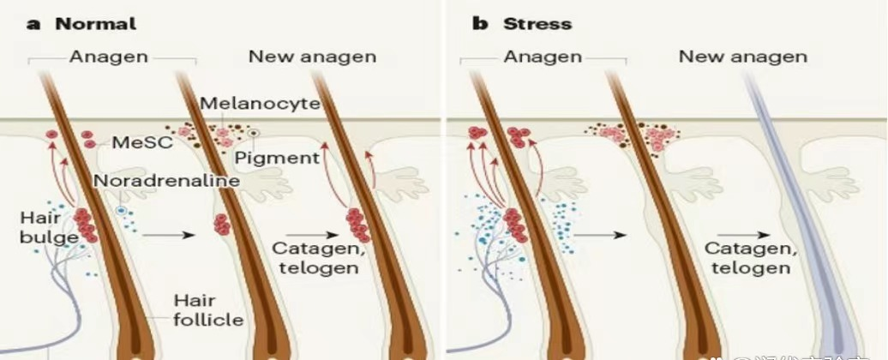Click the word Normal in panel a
click(x=95, y=23)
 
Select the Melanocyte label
click(x=259, y=104)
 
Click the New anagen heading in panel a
click(x=312, y=57)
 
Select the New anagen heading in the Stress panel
click(x=742, y=57)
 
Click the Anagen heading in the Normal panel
click(x=109, y=57)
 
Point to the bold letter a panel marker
click(x=34, y=23)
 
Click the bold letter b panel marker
click(x=480, y=23)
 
